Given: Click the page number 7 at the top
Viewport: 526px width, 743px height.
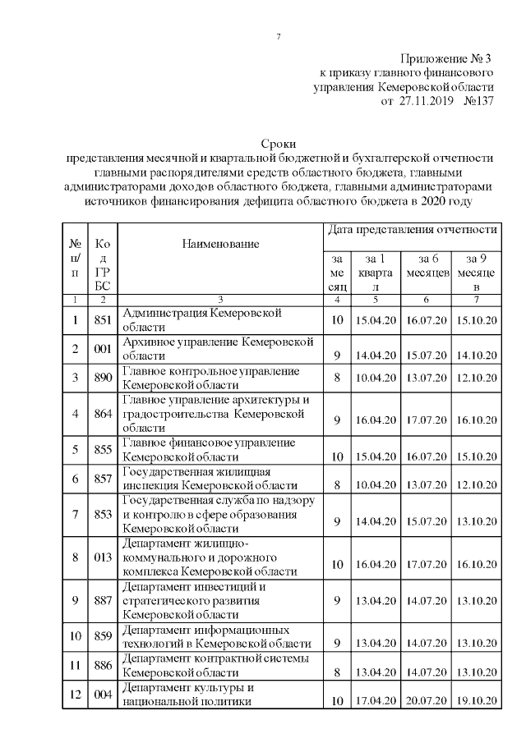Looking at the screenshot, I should (x=279, y=36).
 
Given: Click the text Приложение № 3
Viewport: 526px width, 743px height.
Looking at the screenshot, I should (x=446, y=58).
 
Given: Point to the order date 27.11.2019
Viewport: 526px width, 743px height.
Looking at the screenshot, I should (x=427, y=101).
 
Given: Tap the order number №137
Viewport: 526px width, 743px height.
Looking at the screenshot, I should (x=478, y=101).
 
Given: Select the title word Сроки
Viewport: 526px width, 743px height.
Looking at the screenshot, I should (x=278, y=144).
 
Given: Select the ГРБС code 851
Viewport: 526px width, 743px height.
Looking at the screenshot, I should (x=103, y=321).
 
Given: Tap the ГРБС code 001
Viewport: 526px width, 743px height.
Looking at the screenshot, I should (x=103, y=349).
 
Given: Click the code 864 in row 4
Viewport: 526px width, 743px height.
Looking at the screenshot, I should (x=103, y=413).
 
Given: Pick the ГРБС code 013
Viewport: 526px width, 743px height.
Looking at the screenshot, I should (x=103, y=557).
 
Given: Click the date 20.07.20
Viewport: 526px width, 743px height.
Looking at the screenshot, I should (x=426, y=700).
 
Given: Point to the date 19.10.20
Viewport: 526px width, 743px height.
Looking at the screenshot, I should (x=477, y=700).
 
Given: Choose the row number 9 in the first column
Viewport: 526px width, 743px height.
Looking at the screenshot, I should (x=76, y=600).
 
